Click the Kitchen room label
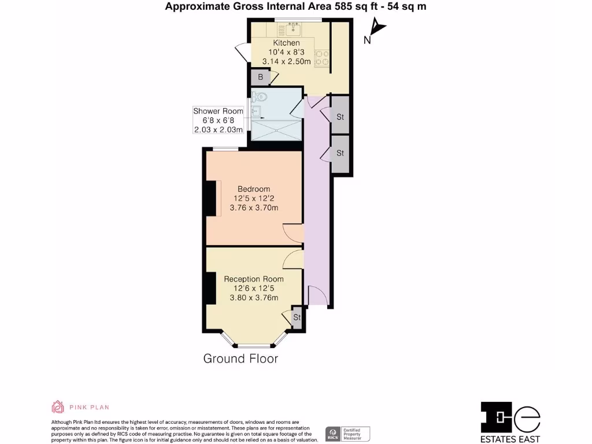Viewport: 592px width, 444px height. coord(286,43)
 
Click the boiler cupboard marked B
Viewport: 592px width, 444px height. coord(261,77)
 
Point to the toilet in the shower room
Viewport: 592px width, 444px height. coord(259,97)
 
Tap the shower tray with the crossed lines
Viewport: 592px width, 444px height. coord(276,129)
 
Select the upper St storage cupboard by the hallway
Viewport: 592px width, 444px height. coord(340,117)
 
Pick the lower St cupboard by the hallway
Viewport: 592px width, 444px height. coord(340,153)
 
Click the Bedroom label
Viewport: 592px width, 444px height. coord(254,189)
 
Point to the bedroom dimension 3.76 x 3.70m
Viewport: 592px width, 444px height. coord(254,208)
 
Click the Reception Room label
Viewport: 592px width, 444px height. coord(254,279)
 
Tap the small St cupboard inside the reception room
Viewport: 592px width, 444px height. coord(297,317)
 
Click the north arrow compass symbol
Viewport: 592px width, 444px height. coord(376,29)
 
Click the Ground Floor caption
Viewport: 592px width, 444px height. coord(240,358)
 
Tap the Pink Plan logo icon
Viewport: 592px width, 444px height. coord(58,407)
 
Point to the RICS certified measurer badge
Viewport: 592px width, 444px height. coord(347,434)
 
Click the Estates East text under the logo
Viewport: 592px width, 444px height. coord(511,438)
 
